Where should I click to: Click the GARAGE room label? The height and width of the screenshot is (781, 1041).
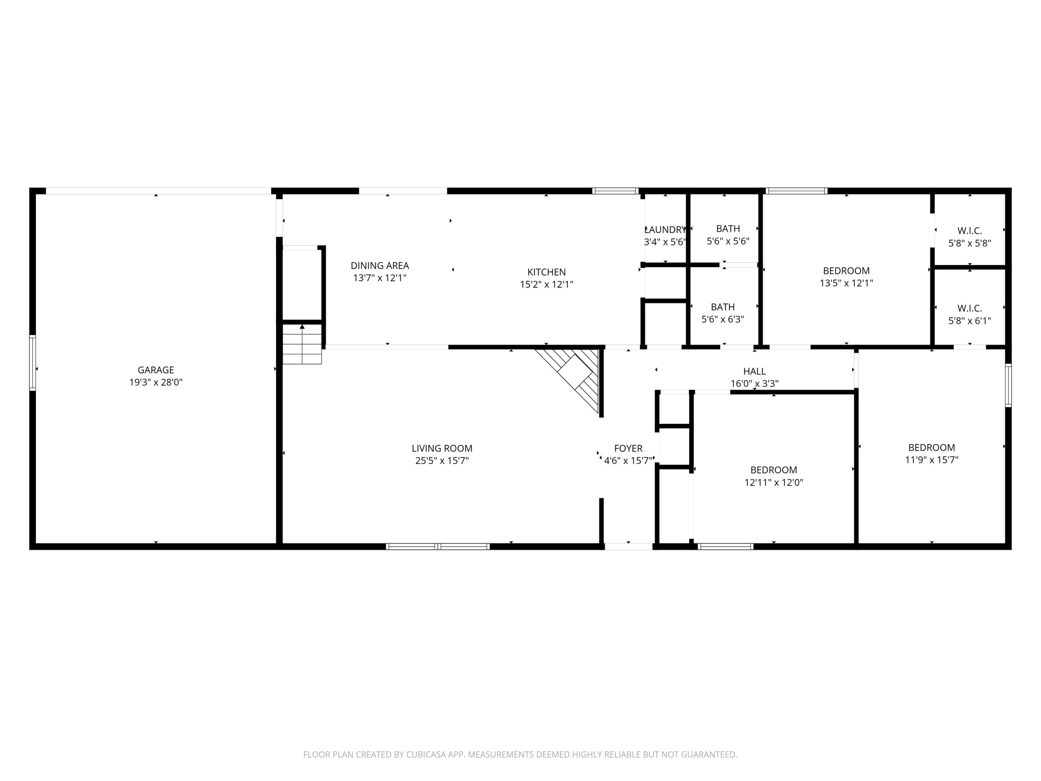[156, 370]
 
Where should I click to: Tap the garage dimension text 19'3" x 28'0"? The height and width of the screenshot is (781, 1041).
[156, 382]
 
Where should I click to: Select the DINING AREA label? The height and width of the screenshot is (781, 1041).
[380, 266]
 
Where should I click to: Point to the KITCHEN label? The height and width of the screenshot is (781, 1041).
[547, 272]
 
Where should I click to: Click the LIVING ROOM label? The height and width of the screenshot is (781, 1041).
[442, 449]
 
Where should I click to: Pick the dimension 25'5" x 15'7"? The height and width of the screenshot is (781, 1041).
[442, 461]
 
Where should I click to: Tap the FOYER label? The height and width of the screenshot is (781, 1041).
[628, 449]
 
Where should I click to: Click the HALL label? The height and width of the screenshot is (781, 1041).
[754, 371]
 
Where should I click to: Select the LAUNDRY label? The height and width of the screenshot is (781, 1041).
[665, 230]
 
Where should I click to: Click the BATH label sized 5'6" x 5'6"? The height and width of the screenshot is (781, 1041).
[728, 229]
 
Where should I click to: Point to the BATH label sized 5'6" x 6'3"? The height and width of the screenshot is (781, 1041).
[723, 308]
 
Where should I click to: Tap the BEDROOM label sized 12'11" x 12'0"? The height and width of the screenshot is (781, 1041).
[774, 470]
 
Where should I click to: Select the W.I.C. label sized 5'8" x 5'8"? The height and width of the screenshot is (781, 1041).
[969, 231]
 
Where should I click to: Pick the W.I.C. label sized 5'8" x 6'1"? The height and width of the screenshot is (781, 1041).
[969, 309]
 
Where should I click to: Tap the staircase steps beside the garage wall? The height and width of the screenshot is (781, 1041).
[302, 344]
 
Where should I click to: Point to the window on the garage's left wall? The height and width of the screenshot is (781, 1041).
[33, 362]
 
